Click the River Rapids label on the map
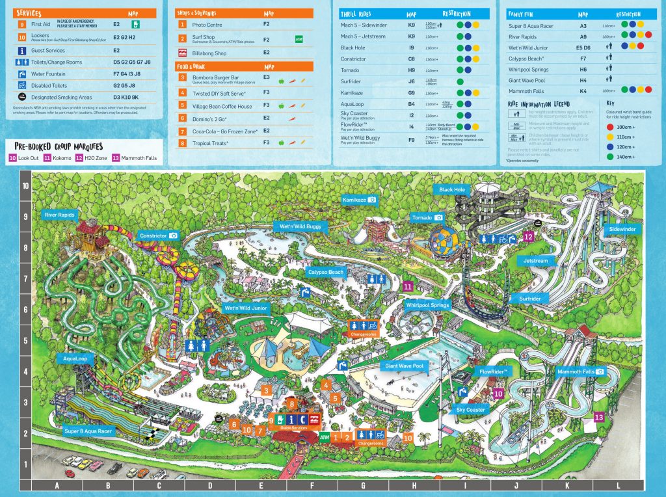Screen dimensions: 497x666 click(x=59, y=213)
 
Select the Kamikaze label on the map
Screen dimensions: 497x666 click(x=360, y=200)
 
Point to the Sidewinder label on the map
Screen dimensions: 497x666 click(x=622, y=230)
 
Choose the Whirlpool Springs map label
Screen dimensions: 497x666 click(x=428, y=304)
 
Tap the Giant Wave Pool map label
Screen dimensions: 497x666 click(x=404, y=366)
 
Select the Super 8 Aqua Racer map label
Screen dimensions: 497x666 click(x=88, y=431)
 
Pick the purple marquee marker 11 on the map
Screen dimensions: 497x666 click(x=408, y=286)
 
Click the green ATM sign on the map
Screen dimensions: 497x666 click(x=325, y=438)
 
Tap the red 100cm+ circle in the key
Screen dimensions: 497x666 click(x=610, y=128)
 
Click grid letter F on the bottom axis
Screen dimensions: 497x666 click(x=312, y=485)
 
